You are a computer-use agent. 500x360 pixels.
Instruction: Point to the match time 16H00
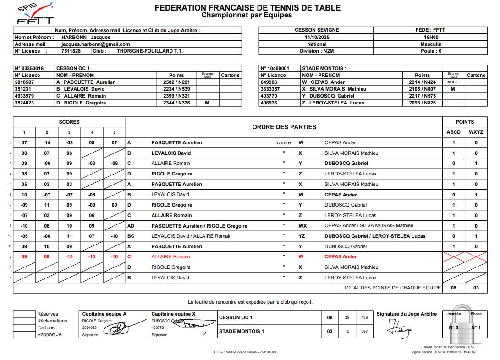tap(430, 38)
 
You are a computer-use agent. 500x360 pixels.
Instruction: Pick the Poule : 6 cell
tap(430, 51)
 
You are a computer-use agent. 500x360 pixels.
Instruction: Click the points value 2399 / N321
tap(176, 96)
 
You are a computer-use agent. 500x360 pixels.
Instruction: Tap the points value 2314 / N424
tap(422, 82)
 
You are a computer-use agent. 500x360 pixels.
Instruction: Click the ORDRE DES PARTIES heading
tap(284, 127)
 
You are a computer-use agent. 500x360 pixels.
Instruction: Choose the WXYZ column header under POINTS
tap(476, 132)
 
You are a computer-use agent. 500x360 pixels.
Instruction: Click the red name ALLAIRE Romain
tap(170, 257)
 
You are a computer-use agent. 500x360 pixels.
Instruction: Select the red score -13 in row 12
tap(70, 257)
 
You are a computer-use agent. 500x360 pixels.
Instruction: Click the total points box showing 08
tap(453, 288)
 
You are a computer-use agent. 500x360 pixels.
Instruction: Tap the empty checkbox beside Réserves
tap(24, 314)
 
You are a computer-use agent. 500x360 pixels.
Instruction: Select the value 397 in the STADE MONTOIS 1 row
tap(364, 331)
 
